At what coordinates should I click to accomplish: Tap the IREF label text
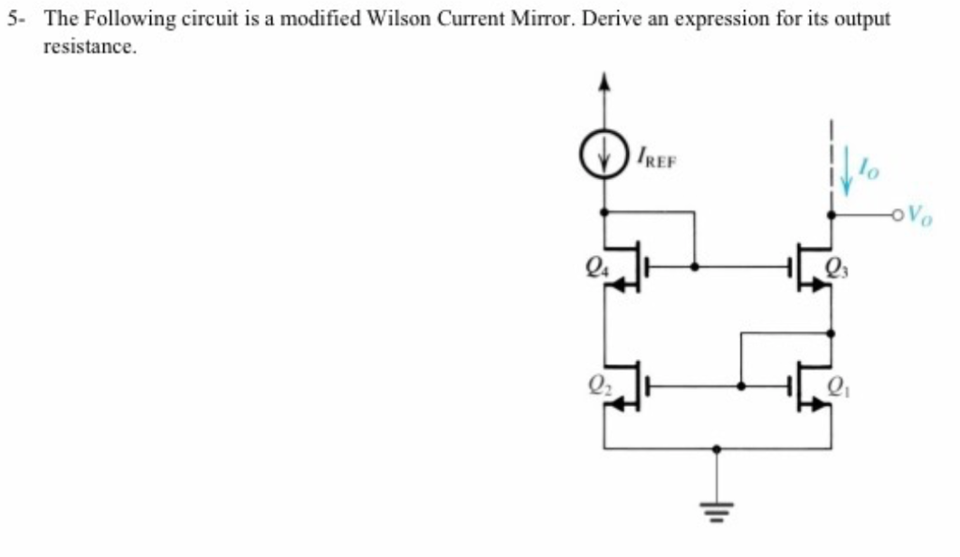click(x=655, y=160)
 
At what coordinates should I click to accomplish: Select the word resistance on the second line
click(x=90, y=47)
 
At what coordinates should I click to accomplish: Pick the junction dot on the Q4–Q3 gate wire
click(x=694, y=266)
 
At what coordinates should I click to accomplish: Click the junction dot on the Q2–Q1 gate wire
click(x=742, y=384)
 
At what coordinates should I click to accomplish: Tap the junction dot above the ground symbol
click(x=717, y=449)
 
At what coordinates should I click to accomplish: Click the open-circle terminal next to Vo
click(x=901, y=215)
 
